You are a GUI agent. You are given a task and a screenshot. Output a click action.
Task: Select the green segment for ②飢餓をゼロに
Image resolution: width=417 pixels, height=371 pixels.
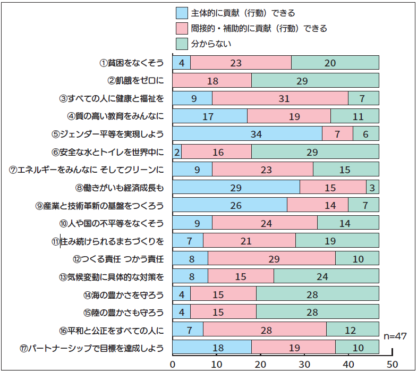click(x=315, y=80)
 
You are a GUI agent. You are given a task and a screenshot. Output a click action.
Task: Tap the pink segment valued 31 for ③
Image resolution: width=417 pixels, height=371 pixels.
click(x=280, y=98)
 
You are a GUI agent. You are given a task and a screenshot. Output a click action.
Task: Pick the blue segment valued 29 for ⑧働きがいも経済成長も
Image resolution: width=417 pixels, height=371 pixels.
click(x=236, y=187)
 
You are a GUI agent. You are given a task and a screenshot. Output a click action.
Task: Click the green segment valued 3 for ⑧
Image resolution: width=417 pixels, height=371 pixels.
click(x=372, y=187)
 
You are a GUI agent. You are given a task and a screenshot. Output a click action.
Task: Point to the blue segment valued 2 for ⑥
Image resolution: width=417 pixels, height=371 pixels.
click(x=177, y=151)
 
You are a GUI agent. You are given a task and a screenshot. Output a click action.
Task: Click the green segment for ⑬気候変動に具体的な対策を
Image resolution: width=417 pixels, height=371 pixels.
click(x=326, y=276)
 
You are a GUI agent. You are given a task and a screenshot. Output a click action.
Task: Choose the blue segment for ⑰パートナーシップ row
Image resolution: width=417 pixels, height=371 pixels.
click(x=212, y=348)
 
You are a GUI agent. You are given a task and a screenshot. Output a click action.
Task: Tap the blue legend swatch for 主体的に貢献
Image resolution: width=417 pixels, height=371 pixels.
click(x=181, y=13)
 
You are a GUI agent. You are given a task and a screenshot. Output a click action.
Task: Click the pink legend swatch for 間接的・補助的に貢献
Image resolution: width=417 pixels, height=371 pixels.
click(x=181, y=28)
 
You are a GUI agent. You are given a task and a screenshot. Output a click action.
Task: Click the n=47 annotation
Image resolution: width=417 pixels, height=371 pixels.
click(x=396, y=337)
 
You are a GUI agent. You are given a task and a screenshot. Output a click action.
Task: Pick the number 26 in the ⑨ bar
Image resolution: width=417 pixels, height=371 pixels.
click(x=229, y=205)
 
